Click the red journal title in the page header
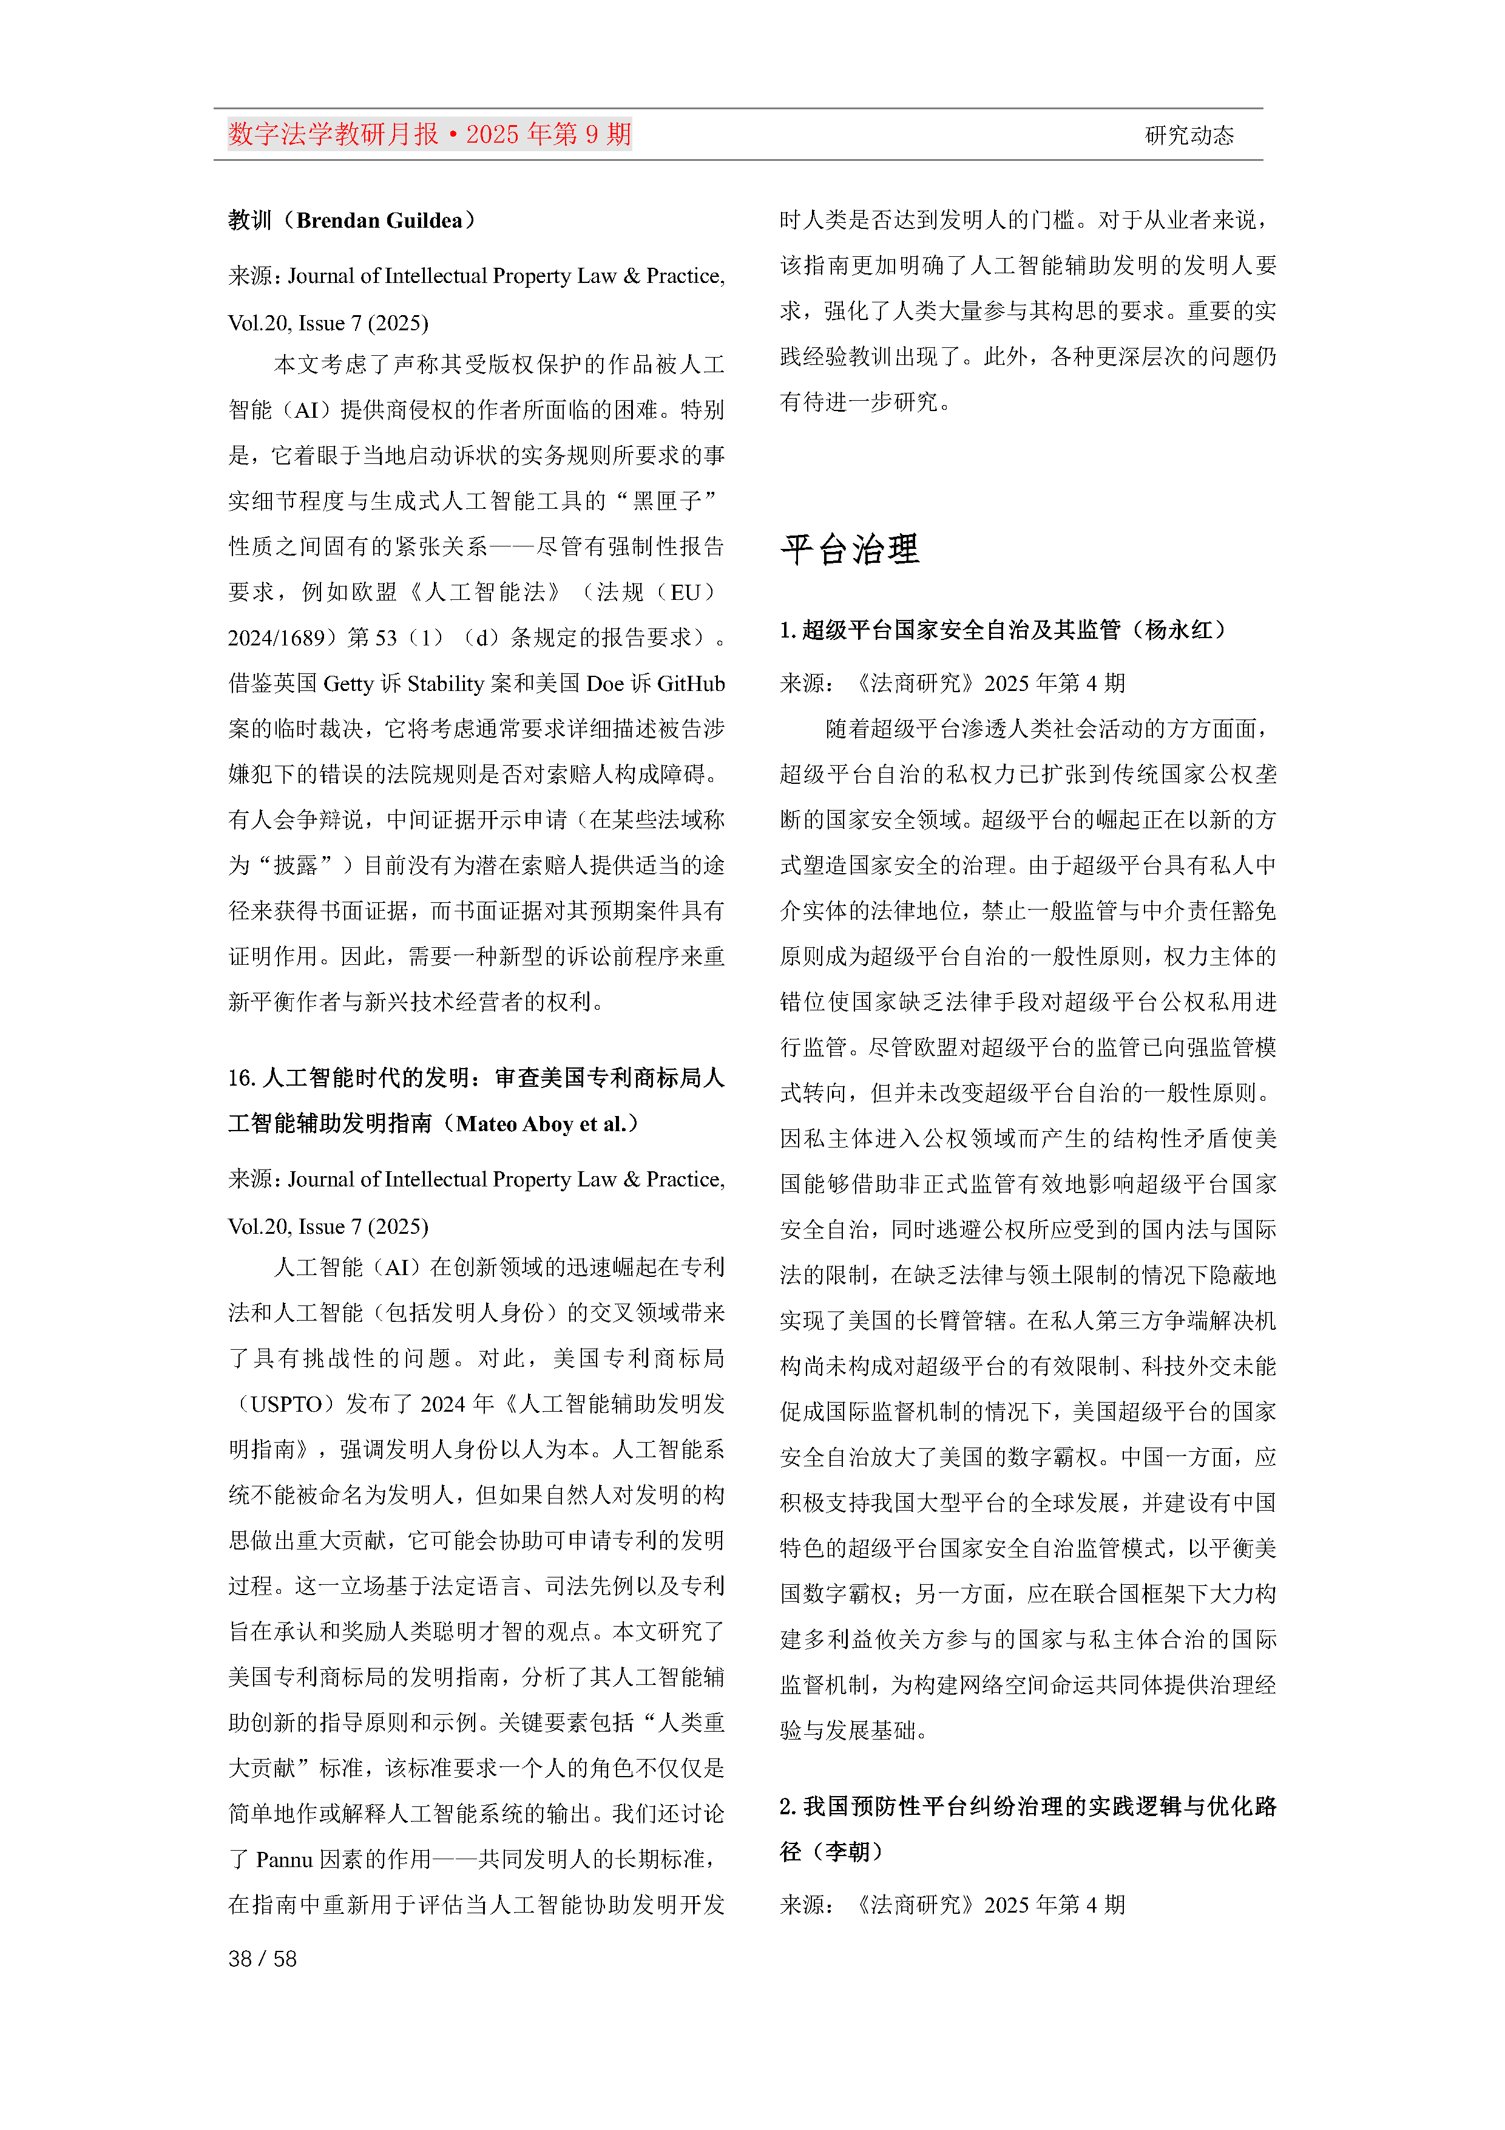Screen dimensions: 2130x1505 point(429,135)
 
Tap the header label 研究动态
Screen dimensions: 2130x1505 point(1189,135)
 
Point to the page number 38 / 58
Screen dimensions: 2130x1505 point(262,1958)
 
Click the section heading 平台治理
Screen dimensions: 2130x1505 point(850,550)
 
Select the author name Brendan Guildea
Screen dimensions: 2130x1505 point(379,221)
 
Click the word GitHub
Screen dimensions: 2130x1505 point(691,684)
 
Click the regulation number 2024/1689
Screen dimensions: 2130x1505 point(276,638)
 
